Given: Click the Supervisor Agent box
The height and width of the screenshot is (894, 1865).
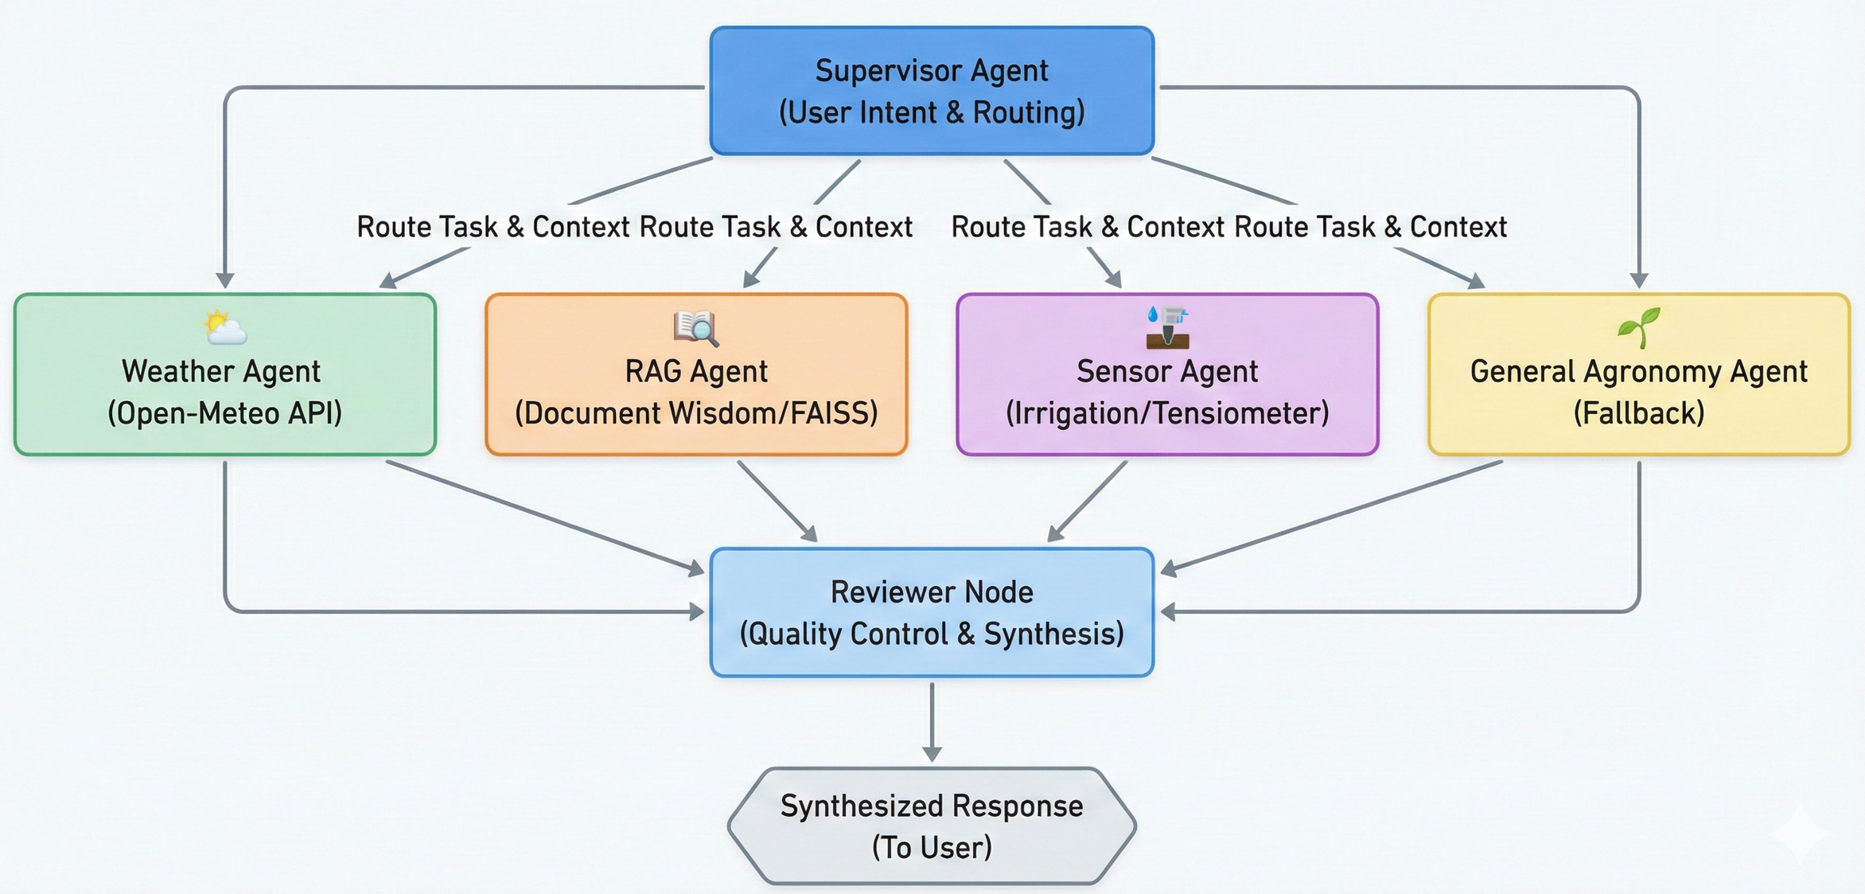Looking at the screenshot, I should (932, 91).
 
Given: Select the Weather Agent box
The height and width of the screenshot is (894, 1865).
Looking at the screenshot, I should (225, 375).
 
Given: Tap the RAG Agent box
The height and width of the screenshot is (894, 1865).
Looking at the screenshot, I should (696, 375).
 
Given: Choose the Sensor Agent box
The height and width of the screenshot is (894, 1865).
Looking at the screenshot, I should (1167, 375).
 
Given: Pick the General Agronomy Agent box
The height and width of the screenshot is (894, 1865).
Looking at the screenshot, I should (1639, 375).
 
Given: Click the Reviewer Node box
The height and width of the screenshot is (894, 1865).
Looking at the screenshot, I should (932, 612).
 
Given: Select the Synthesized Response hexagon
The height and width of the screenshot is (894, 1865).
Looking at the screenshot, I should (932, 826).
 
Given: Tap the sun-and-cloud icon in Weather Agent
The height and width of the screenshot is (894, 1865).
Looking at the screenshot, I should (224, 327).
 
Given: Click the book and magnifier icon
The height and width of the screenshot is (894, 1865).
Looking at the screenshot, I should (696, 327).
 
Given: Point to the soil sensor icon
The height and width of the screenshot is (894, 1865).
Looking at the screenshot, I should (1167, 327).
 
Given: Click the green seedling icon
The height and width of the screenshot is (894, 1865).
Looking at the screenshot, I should (1639, 327).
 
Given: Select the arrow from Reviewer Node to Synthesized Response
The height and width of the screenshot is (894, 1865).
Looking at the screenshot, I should (932, 720).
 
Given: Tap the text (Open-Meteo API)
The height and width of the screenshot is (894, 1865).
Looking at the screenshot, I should (225, 414).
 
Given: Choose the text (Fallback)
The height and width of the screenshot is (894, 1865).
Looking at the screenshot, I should (1639, 414).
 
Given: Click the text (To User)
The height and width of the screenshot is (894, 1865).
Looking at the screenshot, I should (932, 848).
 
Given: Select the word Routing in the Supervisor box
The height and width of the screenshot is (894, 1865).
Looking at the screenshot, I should (1028, 113).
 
